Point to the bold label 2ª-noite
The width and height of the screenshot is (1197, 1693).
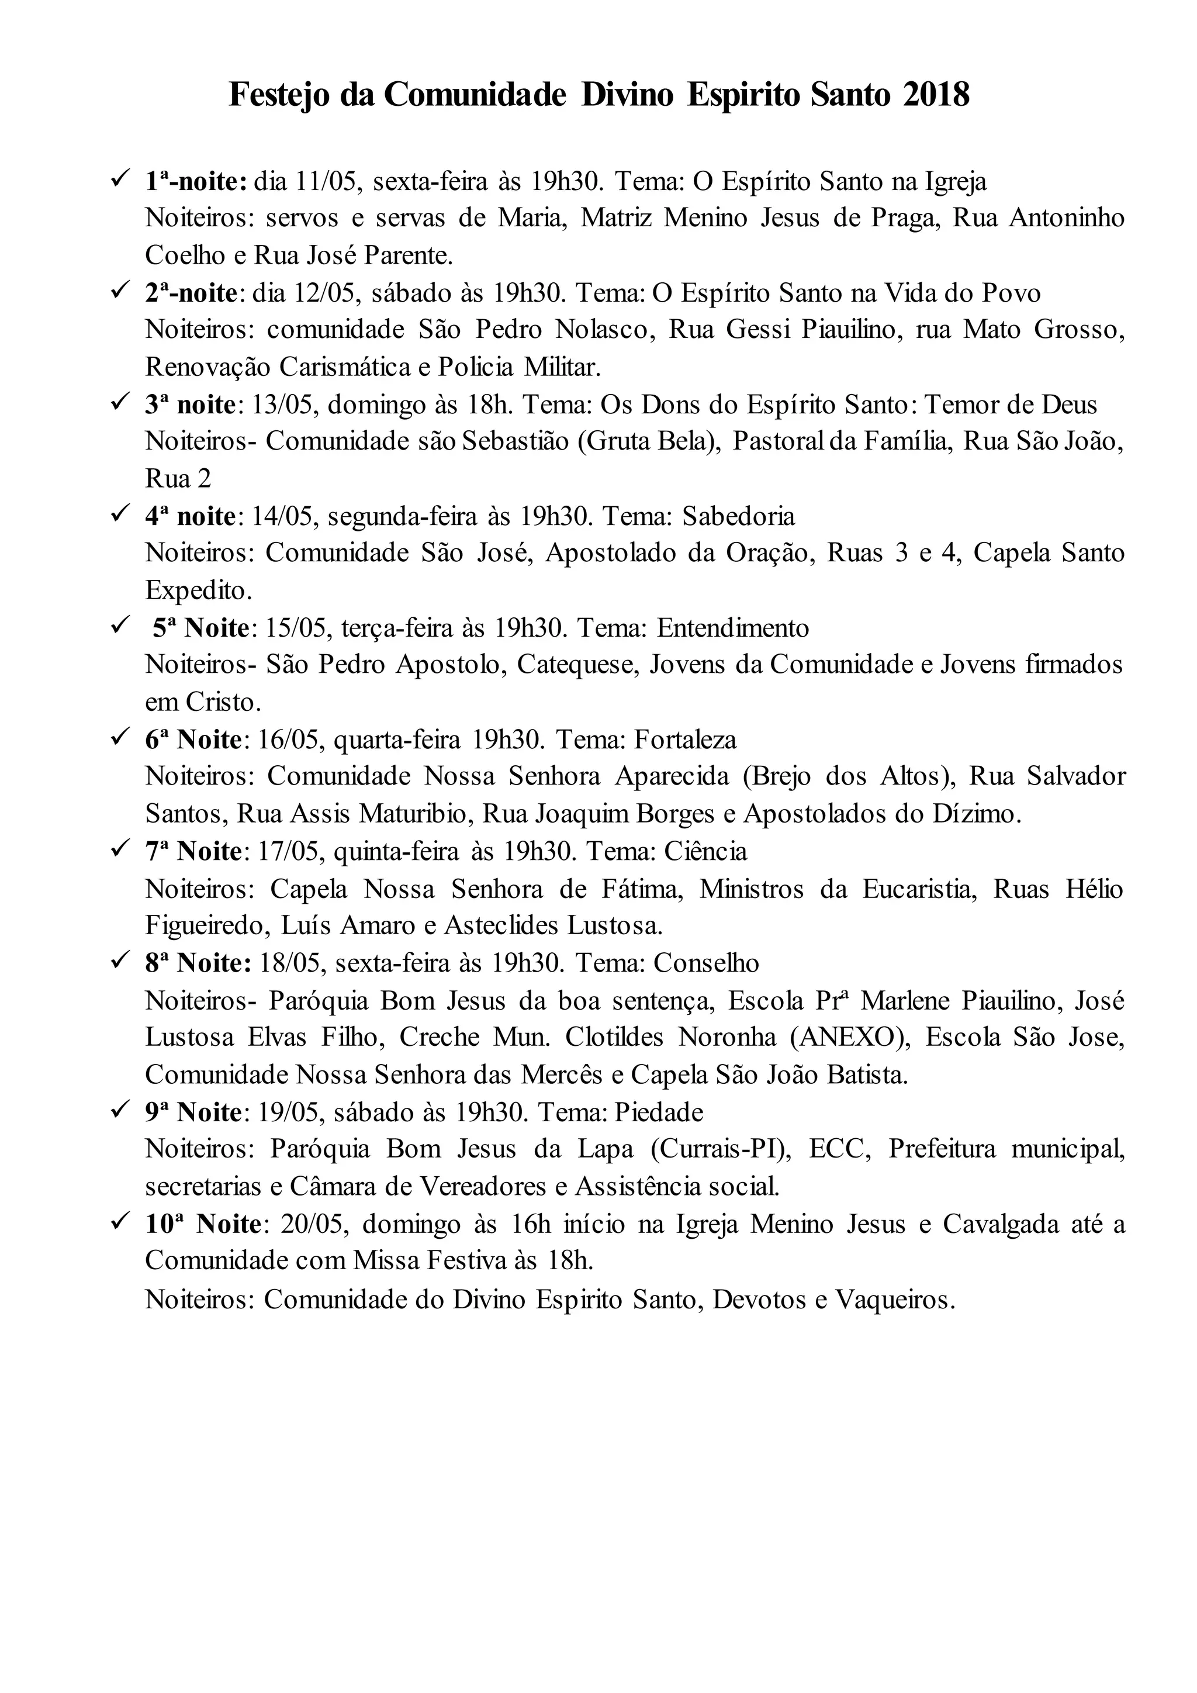(x=191, y=293)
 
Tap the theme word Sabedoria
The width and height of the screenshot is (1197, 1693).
(x=739, y=516)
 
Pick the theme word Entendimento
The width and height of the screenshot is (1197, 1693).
(x=733, y=627)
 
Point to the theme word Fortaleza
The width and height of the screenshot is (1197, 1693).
(x=686, y=739)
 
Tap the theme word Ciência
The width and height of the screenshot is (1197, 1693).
(x=705, y=851)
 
